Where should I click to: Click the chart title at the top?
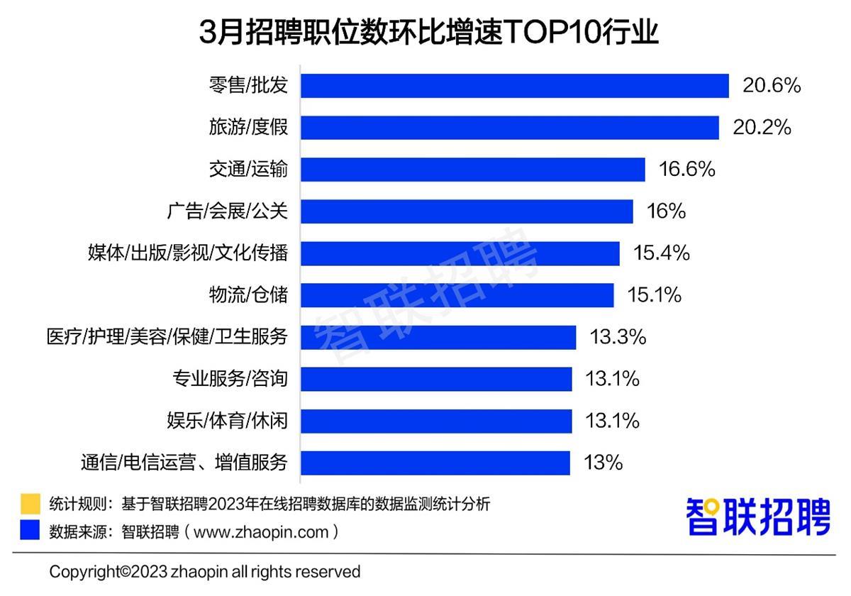428,32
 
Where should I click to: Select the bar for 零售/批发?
515,86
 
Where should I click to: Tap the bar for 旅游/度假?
510,128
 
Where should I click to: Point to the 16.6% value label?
686,170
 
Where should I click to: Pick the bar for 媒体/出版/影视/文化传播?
460,253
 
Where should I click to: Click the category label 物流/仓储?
248,294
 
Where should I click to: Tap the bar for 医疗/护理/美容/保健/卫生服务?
438,337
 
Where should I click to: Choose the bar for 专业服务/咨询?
436,379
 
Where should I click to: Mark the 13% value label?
603,463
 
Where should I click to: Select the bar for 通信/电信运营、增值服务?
435,463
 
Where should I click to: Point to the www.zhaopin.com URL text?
261,531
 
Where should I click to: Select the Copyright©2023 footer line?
205,572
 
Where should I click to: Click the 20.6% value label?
772,86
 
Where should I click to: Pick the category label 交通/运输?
248,170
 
